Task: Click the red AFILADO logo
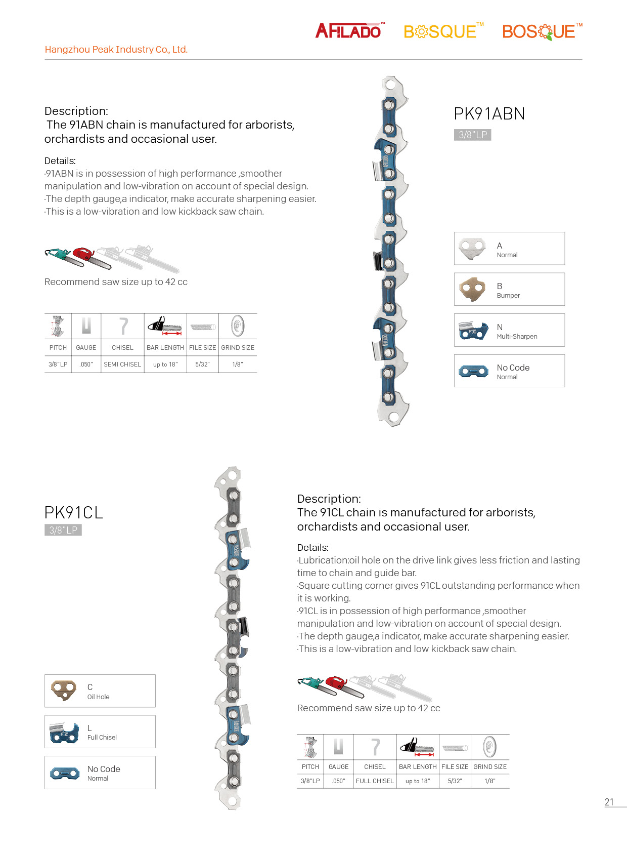point(349,31)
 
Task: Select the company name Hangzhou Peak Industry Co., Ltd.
point(116,50)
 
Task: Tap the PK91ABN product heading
point(489,114)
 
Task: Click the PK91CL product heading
point(74,513)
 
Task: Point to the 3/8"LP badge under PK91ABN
point(472,135)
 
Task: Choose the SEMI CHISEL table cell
point(122,364)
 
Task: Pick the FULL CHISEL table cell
point(375,781)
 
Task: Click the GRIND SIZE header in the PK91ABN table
point(238,348)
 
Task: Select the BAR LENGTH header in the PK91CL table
point(418,767)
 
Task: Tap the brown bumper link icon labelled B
point(472,289)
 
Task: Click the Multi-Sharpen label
point(517,337)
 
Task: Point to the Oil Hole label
point(98,697)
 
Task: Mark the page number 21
point(609,802)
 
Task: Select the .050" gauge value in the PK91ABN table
point(86,364)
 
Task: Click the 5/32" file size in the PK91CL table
point(455,781)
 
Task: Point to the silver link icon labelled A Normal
point(472,248)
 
